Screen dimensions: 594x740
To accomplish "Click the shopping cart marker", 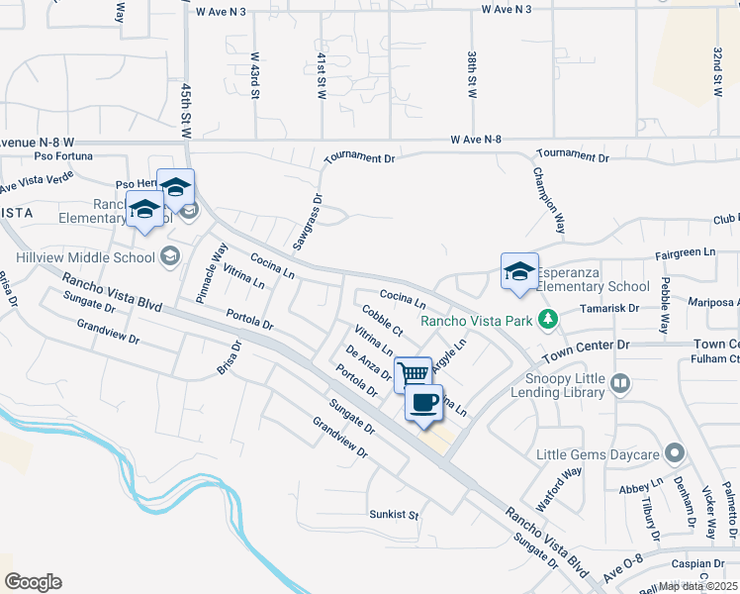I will pyautogui.click(x=413, y=373).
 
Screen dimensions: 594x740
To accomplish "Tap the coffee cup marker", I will pyautogui.click(x=423, y=402).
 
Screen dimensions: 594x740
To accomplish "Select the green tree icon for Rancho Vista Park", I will pyautogui.click(x=545, y=320).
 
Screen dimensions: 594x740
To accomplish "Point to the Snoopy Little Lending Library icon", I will pyautogui.click(x=620, y=382).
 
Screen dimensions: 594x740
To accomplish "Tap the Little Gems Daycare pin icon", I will pyautogui.click(x=675, y=453).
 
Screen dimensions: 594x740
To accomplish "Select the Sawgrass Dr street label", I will pyautogui.click(x=307, y=221).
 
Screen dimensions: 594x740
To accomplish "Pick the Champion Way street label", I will pyautogui.click(x=549, y=200).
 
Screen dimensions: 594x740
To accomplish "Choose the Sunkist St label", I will pyautogui.click(x=395, y=516).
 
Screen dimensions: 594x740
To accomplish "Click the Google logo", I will pyautogui.click(x=33, y=582).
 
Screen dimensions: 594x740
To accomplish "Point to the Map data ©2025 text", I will pyautogui.click(x=698, y=586).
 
